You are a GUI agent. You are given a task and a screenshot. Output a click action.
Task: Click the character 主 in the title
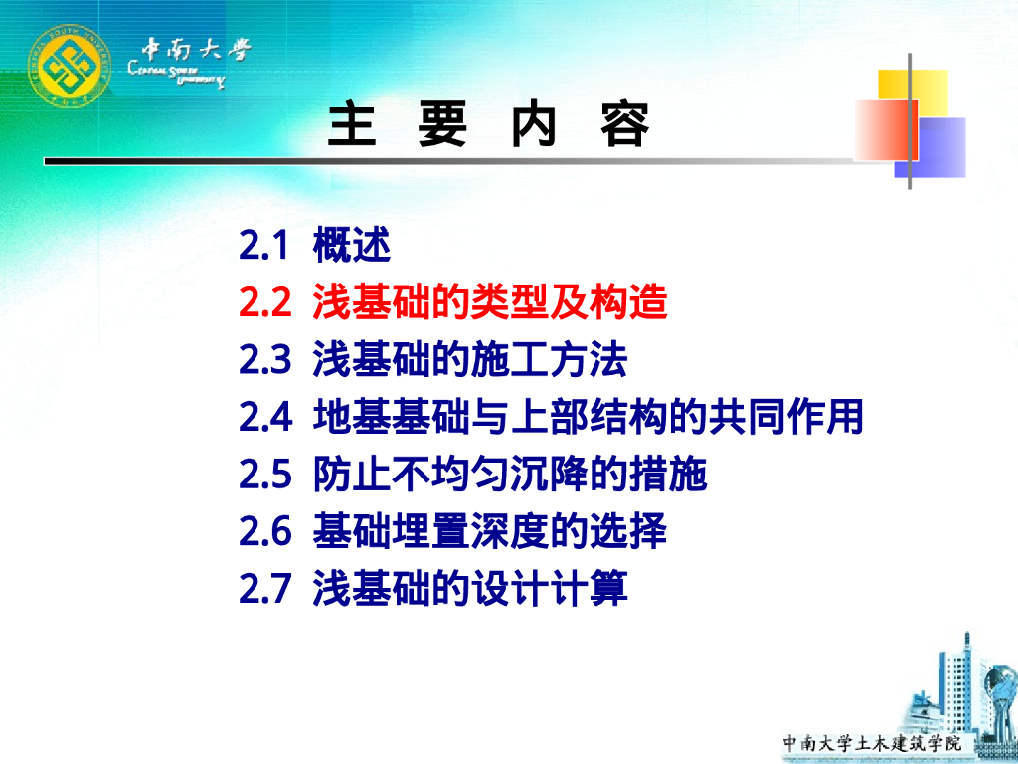[352, 125]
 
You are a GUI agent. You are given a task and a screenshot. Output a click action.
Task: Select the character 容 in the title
[625, 125]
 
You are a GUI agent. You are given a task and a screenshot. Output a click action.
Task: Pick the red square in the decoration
[886, 129]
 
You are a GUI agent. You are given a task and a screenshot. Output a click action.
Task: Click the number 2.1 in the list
[263, 245]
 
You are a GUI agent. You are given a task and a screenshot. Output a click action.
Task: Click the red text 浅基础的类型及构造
[489, 302]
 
